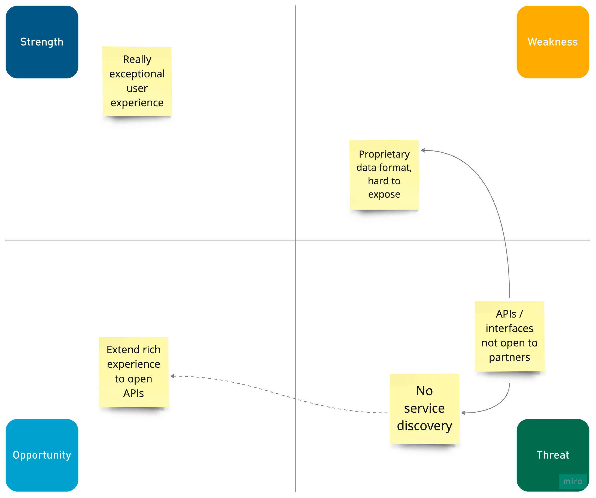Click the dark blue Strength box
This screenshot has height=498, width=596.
coord(42,42)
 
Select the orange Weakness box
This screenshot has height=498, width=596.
coord(553,42)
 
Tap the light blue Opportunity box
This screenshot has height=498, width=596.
coord(42,455)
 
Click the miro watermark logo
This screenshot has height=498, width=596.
coord(573,482)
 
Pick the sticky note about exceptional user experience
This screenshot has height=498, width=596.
coord(137,81)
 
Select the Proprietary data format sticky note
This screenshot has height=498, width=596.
coord(384,175)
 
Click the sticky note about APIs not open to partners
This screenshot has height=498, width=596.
coord(509,336)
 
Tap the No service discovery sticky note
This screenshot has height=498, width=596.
coord(424,409)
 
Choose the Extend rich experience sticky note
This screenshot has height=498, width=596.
coord(133,372)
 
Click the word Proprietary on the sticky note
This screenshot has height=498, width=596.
coord(384,154)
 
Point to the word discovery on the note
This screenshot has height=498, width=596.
coord(424,426)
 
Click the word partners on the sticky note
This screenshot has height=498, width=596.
coord(509,357)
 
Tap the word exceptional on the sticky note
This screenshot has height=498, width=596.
coord(137,74)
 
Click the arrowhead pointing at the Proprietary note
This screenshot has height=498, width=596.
coord(423,150)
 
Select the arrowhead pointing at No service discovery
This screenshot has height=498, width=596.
coord(463,413)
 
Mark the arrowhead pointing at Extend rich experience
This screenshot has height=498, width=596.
coord(172,376)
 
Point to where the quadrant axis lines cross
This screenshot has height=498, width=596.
coord(295,240)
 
